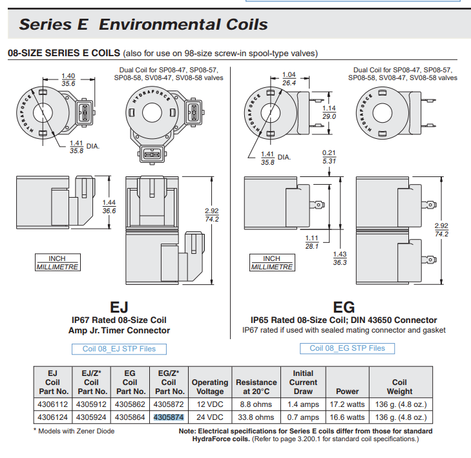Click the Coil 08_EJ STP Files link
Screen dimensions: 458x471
pos(119,349)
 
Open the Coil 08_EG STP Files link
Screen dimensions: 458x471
pos(347,348)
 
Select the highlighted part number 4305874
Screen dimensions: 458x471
pos(169,417)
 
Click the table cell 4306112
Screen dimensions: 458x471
pos(53,404)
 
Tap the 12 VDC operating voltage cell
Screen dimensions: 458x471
pos(210,404)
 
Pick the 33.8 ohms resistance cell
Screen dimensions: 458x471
pos(256,417)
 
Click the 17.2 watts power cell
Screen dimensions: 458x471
pos(347,404)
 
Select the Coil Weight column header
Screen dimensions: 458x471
pos(399,386)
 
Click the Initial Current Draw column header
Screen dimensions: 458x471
pos(303,382)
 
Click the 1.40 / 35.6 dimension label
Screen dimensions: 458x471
pos(68,79)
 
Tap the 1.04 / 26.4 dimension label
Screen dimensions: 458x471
pos(289,79)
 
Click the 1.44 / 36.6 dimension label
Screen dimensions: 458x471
pos(109,207)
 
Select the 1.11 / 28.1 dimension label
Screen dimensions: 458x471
pos(312,242)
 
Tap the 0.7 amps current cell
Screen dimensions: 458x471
pos(303,417)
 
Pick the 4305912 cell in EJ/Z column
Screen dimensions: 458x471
pos(92,404)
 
